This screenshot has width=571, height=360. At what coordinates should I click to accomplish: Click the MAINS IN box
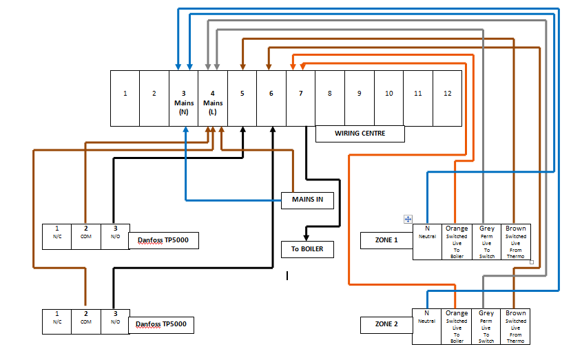(308, 200)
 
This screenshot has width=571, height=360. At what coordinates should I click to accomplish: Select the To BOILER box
(308, 249)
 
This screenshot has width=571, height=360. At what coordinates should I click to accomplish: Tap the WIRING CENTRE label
(360, 134)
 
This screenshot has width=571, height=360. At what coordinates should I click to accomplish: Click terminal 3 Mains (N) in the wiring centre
(183, 98)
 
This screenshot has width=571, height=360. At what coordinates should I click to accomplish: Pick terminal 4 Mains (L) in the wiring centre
(213, 98)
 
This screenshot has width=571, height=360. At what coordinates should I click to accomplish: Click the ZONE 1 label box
(386, 240)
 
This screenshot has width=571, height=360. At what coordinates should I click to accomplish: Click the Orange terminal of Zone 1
(457, 242)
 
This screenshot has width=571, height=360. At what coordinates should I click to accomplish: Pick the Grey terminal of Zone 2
(486, 326)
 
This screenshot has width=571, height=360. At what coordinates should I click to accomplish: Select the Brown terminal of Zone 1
(516, 242)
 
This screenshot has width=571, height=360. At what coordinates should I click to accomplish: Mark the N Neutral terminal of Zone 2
(427, 326)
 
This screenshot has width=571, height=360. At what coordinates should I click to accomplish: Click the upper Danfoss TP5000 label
(163, 240)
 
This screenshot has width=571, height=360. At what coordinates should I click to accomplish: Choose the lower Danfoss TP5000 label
(160, 324)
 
